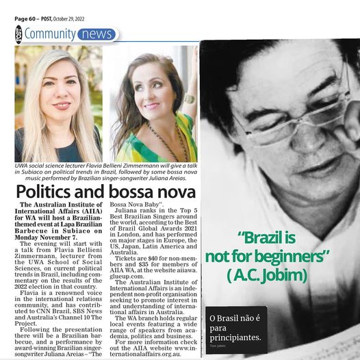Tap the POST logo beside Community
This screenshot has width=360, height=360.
(18, 33)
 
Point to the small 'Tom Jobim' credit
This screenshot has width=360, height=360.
(218, 348)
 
